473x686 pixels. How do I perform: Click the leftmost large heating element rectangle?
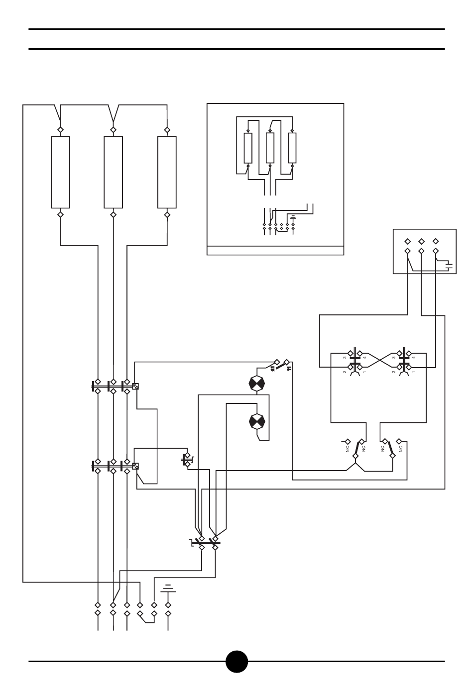point(61,172)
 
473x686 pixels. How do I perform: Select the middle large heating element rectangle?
point(113,172)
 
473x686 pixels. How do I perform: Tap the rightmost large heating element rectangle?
point(167,172)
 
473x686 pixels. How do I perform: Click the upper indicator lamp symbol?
point(257,383)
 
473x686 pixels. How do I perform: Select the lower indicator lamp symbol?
point(257,421)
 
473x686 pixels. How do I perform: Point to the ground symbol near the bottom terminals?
point(168,590)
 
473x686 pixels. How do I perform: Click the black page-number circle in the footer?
point(236,661)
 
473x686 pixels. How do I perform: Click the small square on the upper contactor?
point(135,386)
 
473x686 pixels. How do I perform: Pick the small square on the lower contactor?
point(135,466)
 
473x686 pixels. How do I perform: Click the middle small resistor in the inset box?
point(270,148)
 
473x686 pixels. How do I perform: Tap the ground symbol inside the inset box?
point(293,217)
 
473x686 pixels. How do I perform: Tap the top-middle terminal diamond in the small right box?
point(421,240)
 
